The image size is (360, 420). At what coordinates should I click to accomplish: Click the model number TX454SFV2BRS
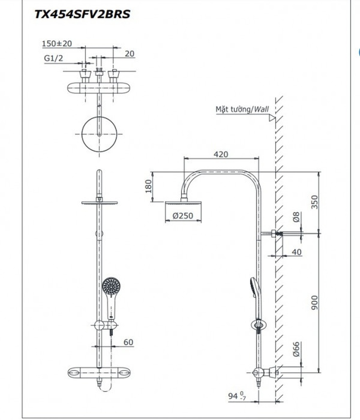(x=83, y=14)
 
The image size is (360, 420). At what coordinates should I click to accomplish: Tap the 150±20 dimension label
(x=57, y=43)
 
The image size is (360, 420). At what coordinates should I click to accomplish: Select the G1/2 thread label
(x=53, y=58)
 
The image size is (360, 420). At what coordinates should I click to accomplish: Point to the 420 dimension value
(x=221, y=154)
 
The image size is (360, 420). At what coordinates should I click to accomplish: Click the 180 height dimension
(x=148, y=186)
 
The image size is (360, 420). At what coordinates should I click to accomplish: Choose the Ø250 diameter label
(x=183, y=216)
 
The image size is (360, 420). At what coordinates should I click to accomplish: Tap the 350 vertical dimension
(x=315, y=202)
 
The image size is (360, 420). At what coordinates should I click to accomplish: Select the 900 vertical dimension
(x=315, y=303)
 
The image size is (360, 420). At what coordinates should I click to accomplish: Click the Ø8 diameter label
(x=296, y=217)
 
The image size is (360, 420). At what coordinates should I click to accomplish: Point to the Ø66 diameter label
(x=296, y=349)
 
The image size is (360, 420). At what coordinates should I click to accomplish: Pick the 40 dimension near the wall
(x=296, y=252)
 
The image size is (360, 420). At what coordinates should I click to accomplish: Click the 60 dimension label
(x=128, y=342)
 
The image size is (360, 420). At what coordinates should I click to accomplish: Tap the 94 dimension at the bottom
(x=237, y=396)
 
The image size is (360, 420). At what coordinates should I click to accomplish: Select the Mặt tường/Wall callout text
(x=242, y=109)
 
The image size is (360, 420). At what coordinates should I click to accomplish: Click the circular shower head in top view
(x=99, y=134)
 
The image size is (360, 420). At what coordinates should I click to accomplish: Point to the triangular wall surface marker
(x=272, y=118)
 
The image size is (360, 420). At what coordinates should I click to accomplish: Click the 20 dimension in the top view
(x=130, y=54)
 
